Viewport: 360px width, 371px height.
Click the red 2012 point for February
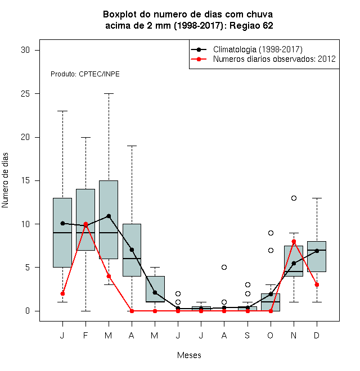pos(85,224)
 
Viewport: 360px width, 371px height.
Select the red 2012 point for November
pos(294,241)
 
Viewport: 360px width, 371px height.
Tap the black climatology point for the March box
pos(109,216)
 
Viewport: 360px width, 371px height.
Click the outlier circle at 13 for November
pos(294,198)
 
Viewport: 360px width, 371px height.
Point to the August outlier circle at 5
pos(224,268)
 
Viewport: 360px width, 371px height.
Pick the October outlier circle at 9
pos(271,233)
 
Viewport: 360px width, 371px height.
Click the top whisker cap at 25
pos(109,94)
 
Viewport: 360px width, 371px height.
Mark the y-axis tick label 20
pos(25,137)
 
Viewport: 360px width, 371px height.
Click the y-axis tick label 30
pos(25,50)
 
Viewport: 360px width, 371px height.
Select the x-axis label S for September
pos(247,335)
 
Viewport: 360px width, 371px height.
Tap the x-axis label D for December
pos(317,335)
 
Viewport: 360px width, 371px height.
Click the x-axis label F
pos(85,335)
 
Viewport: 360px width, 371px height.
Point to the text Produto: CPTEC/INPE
pos(85,74)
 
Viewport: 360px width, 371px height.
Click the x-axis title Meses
pos(189,355)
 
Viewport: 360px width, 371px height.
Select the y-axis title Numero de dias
pos(5,180)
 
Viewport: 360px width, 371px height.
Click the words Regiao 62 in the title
pos(251,25)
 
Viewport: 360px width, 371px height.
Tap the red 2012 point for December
pos(317,284)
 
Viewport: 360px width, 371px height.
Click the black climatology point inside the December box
pos(317,251)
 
